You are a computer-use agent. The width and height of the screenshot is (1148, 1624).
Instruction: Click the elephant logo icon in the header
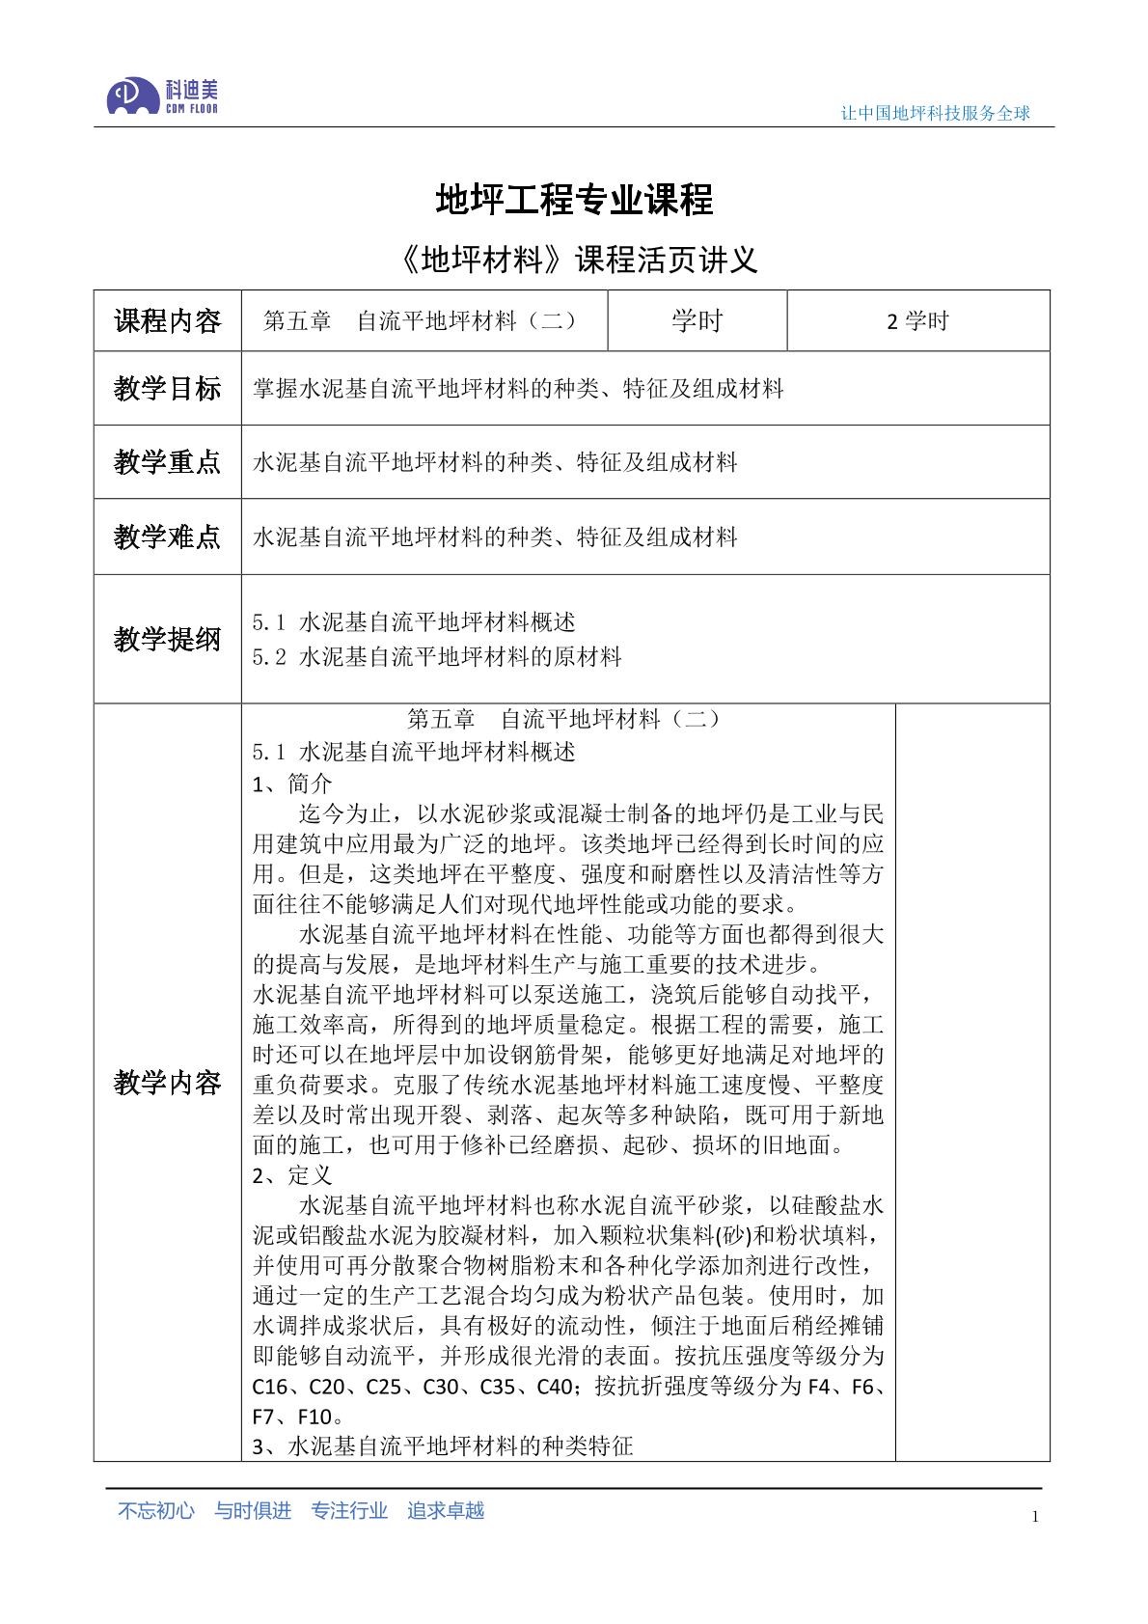coord(133,96)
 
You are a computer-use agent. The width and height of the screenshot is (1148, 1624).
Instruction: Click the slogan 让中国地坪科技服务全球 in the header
coord(935,113)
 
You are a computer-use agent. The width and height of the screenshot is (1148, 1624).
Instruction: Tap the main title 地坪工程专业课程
coord(574,200)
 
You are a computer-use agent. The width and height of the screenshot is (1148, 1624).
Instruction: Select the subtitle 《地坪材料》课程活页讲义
coord(577,260)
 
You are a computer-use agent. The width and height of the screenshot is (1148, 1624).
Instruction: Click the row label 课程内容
coord(167,320)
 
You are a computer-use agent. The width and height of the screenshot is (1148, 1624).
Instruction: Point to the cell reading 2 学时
coord(917,320)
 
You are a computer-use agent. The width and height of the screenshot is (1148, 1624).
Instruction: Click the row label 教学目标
coord(167,388)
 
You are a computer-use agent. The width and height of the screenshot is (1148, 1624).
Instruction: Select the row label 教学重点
coord(167,462)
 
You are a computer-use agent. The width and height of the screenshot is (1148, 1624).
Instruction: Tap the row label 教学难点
coord(167,537)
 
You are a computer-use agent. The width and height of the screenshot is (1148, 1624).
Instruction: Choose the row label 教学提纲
coord(167,639)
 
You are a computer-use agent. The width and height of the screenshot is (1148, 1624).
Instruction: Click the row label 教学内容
coord(167,1083)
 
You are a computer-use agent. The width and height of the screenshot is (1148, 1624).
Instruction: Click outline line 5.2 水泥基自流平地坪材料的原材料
coord(437,657)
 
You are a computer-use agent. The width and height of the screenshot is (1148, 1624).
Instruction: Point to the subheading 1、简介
coord(291,783)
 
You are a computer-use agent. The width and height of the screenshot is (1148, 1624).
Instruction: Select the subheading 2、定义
coord(291,1174)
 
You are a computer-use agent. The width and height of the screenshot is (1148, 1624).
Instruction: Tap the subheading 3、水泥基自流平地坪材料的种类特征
coord(443,1445)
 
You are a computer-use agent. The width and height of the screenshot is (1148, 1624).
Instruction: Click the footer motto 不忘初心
coord(155,1510)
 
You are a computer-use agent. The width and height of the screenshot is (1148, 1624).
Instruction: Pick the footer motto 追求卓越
coord(446,1510)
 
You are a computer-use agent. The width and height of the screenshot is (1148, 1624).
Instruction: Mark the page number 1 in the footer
coord(1035,1516)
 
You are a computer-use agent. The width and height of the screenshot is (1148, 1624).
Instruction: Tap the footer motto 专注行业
coord(349,1510)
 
